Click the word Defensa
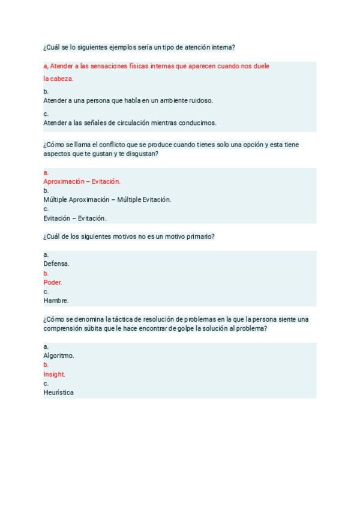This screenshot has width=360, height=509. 56,264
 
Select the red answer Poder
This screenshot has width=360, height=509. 53,282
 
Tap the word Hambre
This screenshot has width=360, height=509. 56,300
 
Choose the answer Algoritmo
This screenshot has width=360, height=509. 59,355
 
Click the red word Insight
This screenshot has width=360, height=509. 54,374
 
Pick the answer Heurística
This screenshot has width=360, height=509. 59,393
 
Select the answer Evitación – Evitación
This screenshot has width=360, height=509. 75,218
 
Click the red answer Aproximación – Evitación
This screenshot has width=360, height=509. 82,181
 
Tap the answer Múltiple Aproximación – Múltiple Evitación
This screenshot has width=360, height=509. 107,199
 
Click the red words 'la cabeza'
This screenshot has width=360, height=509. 58,79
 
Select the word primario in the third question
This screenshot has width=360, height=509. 199,236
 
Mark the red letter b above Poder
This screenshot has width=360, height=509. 46,273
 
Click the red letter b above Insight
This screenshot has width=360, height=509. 46,364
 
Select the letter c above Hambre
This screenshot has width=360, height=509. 46,291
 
